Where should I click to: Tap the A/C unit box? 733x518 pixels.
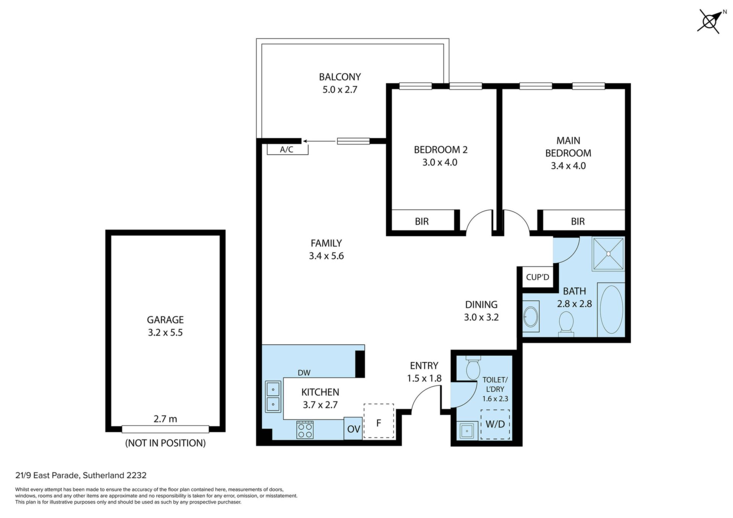[287, 150]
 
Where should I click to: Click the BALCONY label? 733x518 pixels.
[340, 77]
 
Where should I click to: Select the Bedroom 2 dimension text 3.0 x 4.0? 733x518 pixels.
[440, 162]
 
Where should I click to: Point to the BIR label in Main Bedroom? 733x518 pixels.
[578, 221]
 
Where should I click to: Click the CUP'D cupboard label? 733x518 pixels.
[538, 277]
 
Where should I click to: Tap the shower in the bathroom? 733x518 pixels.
[609, 253]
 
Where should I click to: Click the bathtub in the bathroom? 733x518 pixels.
[611, 310]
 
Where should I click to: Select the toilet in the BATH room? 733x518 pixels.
[566, 324]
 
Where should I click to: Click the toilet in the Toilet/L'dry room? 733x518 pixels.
[473, 368]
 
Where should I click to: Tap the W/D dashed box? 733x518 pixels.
[495, 424]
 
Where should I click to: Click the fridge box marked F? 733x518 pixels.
[379, 421]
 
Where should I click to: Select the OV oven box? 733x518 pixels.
[353, 429]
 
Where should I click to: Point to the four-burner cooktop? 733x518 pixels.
[305, 430]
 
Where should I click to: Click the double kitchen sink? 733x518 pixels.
[273, 397]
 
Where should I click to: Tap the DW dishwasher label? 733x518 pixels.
[304, 373]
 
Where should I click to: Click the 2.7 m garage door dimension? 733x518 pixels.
[165, 419]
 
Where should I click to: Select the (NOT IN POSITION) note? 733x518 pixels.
[165, 443]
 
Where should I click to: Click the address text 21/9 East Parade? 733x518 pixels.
[48, 476]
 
